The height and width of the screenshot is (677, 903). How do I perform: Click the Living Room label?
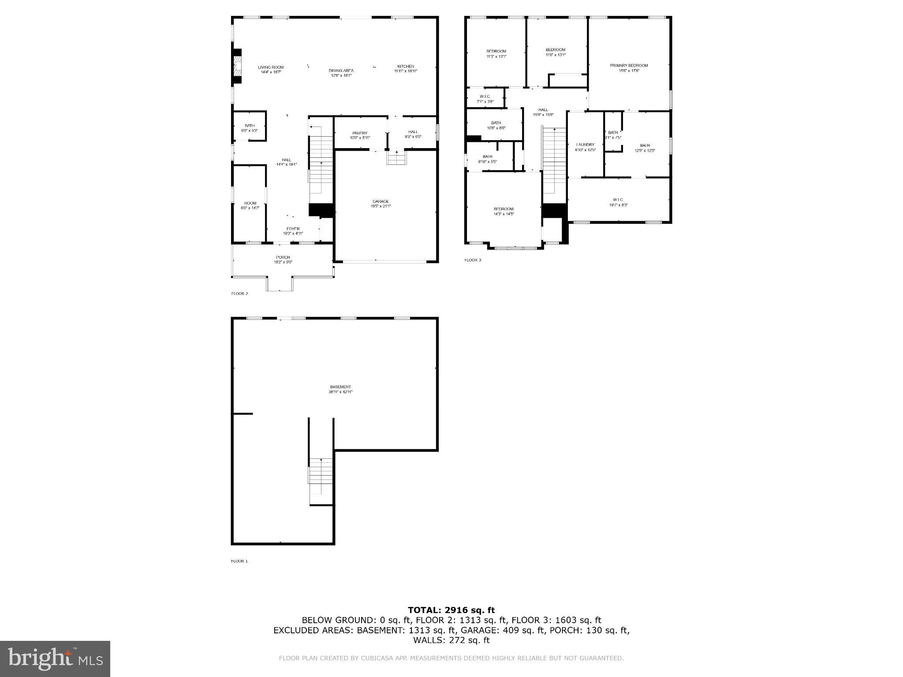pyautogui.click(x=271, y=69)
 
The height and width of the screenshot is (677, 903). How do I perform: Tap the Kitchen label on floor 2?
pyautogui.click(x=405, y=68)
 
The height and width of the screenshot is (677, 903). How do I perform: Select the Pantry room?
pyautogui.click(x=360, y=135)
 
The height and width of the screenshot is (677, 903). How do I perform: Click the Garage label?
pyautogui.click(x=381, y=203)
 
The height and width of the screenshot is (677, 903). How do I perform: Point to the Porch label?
pyautogui.click(x=283, y=260)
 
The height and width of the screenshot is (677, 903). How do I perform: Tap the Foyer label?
pyautogui.click(x=293, y=231)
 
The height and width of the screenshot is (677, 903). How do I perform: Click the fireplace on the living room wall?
pyautogui.click(x=238, y=66)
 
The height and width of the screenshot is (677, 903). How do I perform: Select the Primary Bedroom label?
pyautogui.click(x=629, y=67)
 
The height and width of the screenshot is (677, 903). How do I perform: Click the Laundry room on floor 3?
pyautogui.click(x=585, y=147)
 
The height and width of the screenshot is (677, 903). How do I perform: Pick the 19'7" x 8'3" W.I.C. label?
pyautogui.click(x=618, y=202)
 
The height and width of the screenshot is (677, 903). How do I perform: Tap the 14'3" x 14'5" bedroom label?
pyautogui.click(x=503, y=211)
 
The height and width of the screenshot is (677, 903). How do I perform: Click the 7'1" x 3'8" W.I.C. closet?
pyautogui.click(x=485, y=99)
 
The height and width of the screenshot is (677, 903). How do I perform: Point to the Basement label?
pyautogui.click(x=340, y=389)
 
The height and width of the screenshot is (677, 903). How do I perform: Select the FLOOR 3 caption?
pyautogui.click(x=473, y=260)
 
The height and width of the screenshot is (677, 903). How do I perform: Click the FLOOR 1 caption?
pyautogui.click(x=239, y=561)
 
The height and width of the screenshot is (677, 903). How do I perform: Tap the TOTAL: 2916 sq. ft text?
pyautogui.click(x=451, y=610)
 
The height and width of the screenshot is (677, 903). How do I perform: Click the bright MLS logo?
pyautogui.click(x=55, y=658)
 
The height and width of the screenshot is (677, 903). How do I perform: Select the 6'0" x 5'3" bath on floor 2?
pyautogui.click(x=250, y=128)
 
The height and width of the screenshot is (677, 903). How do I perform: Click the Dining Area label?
pyautogui.click(x=341, y=73)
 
